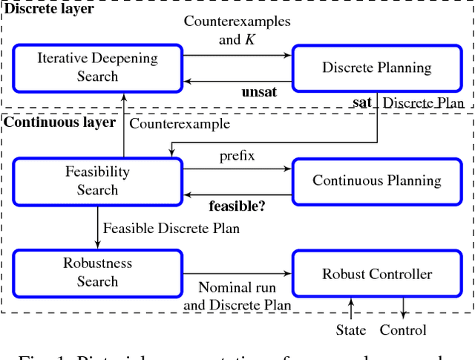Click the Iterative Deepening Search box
coord(97,67)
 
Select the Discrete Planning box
coord(376,68)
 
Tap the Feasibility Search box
coord(97,180)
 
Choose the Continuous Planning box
coord(376,180)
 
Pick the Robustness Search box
coord(97,272)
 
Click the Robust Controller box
coord(376,274)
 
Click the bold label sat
coord(361,102)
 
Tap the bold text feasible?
coord(237,203)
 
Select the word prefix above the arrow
coord(237,157)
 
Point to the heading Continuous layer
coord(59,122)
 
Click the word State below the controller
coord(350,330)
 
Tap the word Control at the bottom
coord(403,330)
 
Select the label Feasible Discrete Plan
coord(171,228)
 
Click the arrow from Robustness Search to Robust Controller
coord(237,273)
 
